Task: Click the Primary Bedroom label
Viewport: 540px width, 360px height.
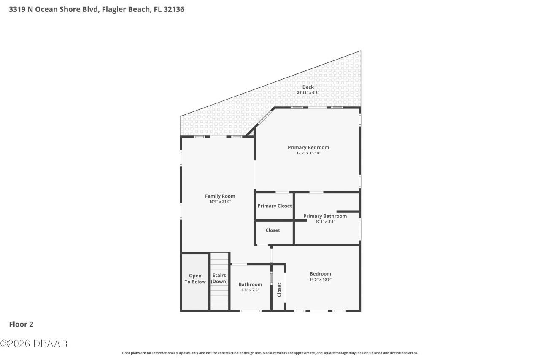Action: click(x=308, y=147)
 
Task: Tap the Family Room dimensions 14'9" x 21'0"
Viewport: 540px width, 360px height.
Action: click(x=220, y=202)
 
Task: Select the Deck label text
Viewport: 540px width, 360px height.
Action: click(x=308, y=87)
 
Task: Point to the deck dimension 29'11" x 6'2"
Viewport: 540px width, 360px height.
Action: click(x=308, y=92)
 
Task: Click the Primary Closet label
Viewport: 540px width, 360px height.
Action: click(x=275, y=206)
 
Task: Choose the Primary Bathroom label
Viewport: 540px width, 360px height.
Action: click(x=325, y=216)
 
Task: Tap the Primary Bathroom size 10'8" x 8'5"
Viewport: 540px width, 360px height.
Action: click(x=325, y=221)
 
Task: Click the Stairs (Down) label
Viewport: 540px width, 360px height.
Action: click(x=219, y=278)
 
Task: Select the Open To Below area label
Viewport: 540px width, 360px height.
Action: click(x=195, y=279)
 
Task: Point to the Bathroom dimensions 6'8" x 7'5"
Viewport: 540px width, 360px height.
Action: click(x=250, y=290)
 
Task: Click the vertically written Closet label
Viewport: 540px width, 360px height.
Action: click(x=279, y=290)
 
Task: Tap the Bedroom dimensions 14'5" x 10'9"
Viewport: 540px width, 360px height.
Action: click(x=320, y=279)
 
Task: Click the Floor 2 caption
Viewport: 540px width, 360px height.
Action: click(x=21, y=324)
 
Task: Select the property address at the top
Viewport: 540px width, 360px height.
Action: click(x=97, y=9)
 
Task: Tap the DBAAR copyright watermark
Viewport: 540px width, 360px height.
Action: click(x=34, y=344)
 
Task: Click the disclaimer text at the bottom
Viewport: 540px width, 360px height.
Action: click(x=270, y=353)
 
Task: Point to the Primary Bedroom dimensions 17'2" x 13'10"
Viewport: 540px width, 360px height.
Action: click(x=308, y=153)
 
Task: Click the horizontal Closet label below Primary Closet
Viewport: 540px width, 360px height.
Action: click(x=273, y=230)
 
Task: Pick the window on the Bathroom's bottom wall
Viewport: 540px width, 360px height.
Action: click(x=251, y=311)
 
